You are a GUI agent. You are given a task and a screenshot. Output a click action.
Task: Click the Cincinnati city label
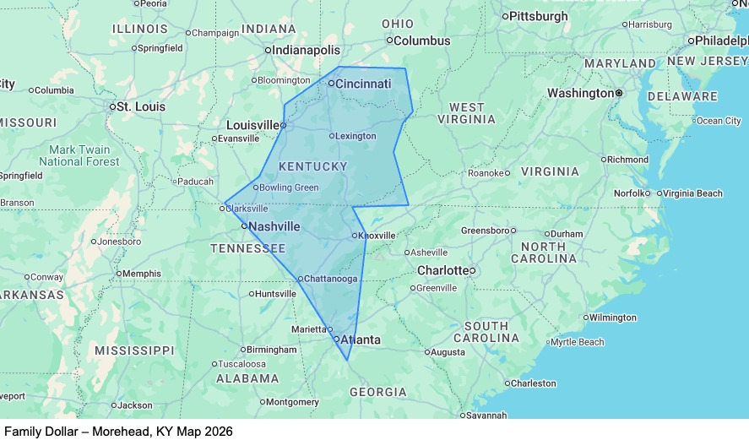364,84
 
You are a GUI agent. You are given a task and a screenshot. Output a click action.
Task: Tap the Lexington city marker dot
332,136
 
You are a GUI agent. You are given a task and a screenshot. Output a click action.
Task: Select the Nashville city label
274,226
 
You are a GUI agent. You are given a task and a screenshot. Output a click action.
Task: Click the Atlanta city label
360,340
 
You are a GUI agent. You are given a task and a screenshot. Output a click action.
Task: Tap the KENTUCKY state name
312,166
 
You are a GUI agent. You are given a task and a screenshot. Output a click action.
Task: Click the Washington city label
581,93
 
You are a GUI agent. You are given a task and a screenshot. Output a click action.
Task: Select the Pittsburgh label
540,16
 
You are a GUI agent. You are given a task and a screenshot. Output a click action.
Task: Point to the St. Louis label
140,107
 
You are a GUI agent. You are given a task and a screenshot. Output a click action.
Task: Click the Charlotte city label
442,270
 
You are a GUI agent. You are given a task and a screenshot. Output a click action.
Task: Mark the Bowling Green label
289,187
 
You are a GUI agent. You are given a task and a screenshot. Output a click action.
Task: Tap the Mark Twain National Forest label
79,155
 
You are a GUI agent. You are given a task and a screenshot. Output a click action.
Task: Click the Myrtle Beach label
578,342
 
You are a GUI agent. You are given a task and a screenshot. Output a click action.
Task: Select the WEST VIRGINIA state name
467,113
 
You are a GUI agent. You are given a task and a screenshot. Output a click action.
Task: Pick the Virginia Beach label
692,193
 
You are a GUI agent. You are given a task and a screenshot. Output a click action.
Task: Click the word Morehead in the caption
118,431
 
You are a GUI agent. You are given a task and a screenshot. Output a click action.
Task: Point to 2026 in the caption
218,431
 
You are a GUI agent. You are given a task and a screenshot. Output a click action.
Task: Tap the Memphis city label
141,274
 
